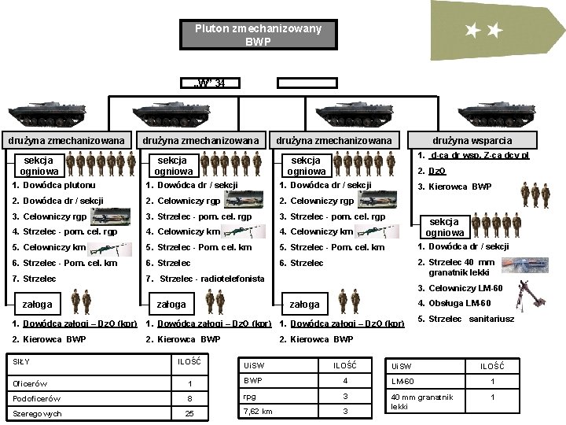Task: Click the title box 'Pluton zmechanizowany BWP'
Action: click(x=258, y=35)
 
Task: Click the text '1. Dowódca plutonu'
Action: click(x=50, y=185)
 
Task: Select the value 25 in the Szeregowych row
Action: click(x=188, y=413)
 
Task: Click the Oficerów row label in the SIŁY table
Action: click(x=32, y=383)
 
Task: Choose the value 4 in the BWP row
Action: click(x=344, y=382)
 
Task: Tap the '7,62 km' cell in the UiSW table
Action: click(x=259, y=411)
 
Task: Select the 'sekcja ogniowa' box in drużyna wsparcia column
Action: click(x=444, y=227)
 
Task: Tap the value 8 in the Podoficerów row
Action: click(x=188, y=398)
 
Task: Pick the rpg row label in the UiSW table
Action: click(x=250, y=397)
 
